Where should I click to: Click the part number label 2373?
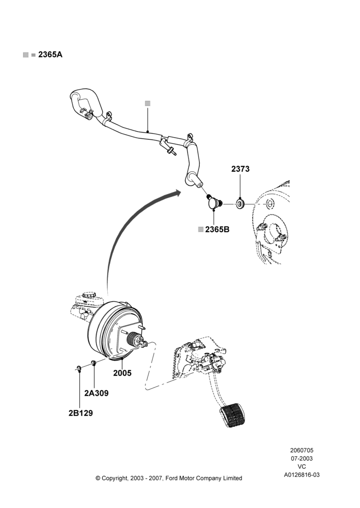[x=241, y=169]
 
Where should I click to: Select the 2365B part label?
[x=217, y=230]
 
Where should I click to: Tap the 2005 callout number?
[x=122, y=373]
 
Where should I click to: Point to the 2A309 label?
[x=96, y=393]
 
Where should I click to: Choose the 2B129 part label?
[x=80, y=414]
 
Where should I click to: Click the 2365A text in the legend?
[x=50, y=54]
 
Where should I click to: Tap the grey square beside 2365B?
[x=201, y=230]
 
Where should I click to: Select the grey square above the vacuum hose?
[x=147, y=103]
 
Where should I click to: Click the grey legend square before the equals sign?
[x=25, y=55]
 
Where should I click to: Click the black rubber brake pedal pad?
[x=234, y=415]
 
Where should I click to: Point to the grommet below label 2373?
[x=240, y=204]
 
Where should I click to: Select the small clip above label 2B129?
[x=78, y=368]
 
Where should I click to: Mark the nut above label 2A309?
[x=93, y=363]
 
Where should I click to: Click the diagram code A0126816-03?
[x=302, y=475]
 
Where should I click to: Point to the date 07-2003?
[x=302, y=458]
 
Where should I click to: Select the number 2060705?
[x=302, y=450]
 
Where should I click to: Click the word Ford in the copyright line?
[x=171, y=478]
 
